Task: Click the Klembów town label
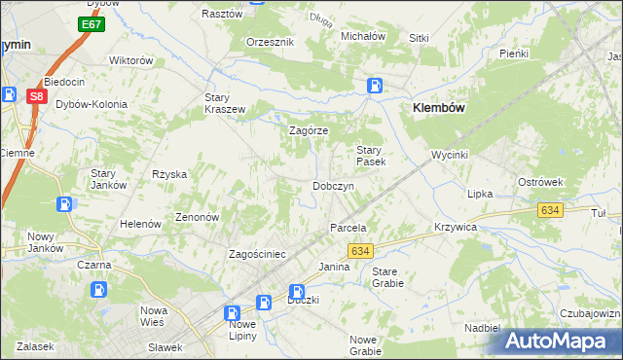pyautogui.click(x=444, y=109)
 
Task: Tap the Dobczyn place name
pyautogui.click(x=339, y=186)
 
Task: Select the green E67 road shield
pyautogui.click(x=92, y=23)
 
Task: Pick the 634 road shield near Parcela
pyautogui.click(x=360, y=251)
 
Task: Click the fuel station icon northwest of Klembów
pyautogui.click(x=375, y=86)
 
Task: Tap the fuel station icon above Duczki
pyautogui.click(x=297, y=291)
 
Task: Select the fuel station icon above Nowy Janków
pyautogui.click(x=64, y=204)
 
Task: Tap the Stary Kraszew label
pyautogui.click(x=224, y=103)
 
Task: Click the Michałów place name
pyautogui.click(x=363, y=36)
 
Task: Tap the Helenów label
pyautogui.click(x=140, y=224)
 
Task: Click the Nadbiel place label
pyautogui.click(x=482, y=328)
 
